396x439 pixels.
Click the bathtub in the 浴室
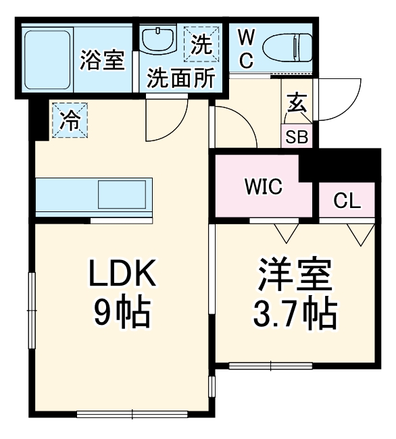click(47, 59)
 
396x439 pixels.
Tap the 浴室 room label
click(102, 60)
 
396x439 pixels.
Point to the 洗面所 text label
click(181, 78)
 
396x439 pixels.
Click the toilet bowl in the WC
click(287, 47)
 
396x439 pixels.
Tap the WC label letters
click(246, 48)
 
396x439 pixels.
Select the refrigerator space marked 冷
click(70, 120)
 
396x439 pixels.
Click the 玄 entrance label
click(297, 103)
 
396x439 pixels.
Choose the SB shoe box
click(297, 136)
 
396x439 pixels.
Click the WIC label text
click(264, 186)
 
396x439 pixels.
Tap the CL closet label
click(347, 201)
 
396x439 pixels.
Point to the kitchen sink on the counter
click(122, 195)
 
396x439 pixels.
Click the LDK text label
click(124, 275)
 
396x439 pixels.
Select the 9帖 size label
click(122, 311)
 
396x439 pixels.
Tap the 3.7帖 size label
click(295, 311)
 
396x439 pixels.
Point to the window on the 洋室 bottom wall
click(270, 366)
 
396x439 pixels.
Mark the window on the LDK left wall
click(30, 311)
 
